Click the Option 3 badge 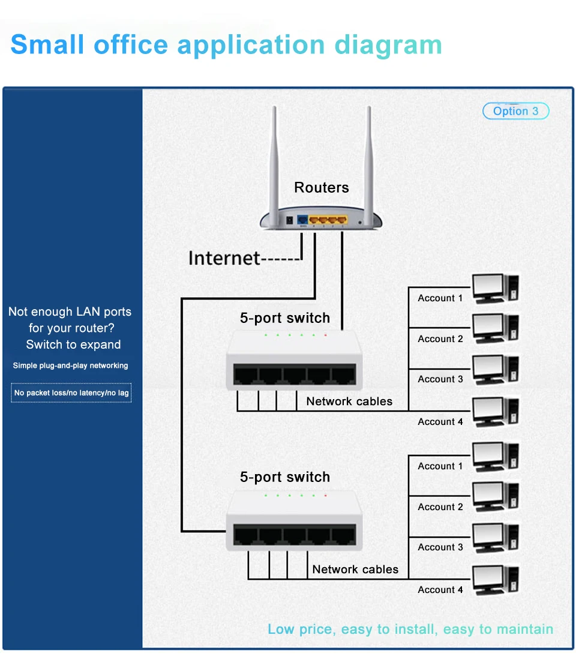pos(515,111)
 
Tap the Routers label pos(321,188)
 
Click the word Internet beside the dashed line pos(224,258)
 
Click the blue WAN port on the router pos(302,220)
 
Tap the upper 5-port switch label pos(285,318)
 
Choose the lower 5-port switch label pos(285,477)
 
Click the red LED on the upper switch pos(325,334)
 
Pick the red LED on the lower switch pos(325,496)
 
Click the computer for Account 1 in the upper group pos(495,289)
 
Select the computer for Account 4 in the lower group pos(495,580)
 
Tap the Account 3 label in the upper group pos(440,379)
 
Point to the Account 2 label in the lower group pos(440,507)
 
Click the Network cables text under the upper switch pos(349,402)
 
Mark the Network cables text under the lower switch pos(355,570)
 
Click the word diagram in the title pos(388,45)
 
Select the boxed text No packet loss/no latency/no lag pos(71,393)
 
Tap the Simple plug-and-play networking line pos(70,366)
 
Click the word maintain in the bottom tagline pos(523,629)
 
